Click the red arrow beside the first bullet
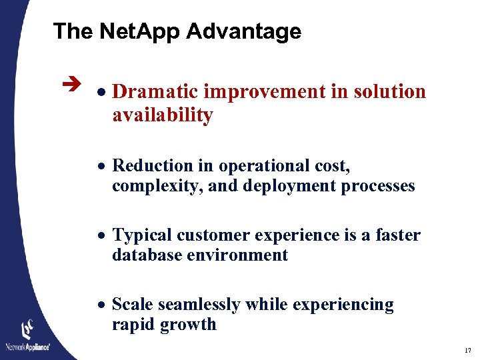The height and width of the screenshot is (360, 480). click(x=74, y=85)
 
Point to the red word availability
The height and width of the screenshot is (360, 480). click(x=162, y=115)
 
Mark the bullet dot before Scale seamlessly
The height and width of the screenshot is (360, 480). click(x=103, y=305)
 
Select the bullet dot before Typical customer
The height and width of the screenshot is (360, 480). click(x=103, y=236)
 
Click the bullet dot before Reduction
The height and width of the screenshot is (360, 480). click(x=103, y=167)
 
